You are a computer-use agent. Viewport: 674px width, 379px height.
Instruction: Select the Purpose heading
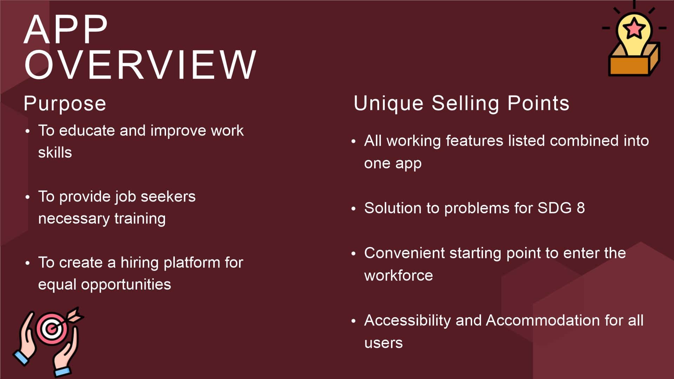[x=65, y=104]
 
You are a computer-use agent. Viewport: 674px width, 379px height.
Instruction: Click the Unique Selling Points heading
[x=461, y=104]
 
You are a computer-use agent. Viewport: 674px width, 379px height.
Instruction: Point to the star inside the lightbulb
[x=634, y=28]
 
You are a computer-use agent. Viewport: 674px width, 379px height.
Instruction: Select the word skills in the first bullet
[x=55, y=153]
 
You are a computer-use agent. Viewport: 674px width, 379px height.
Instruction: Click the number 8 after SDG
[x=581, y=208]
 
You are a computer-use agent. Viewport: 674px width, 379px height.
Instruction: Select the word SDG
[x=555, y=208]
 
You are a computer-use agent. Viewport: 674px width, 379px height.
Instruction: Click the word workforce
[x=398, y=275]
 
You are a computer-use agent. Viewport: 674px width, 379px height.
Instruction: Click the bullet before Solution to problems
[x=353, y=209]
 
